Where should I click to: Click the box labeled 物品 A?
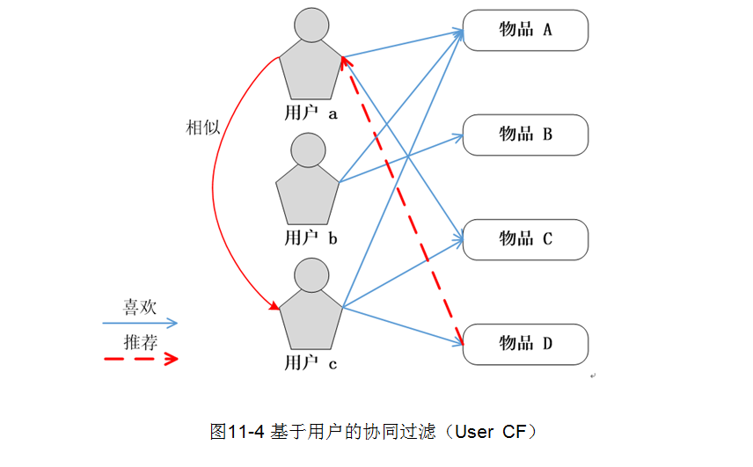[x=525, y=30]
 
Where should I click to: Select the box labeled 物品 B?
[x=525, y=135]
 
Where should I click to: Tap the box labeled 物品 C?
[x=525, y=239]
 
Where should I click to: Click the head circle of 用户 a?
[x=311, y=26]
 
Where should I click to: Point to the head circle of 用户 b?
[x=307, y=150]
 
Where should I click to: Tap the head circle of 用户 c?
[x=311, y=275]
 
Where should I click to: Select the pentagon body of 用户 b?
[x=307, y=195]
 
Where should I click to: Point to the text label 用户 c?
[x=311, y=361]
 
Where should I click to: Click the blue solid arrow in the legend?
[x=140, y=324]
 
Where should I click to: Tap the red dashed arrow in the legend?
[x=140, y=359]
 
